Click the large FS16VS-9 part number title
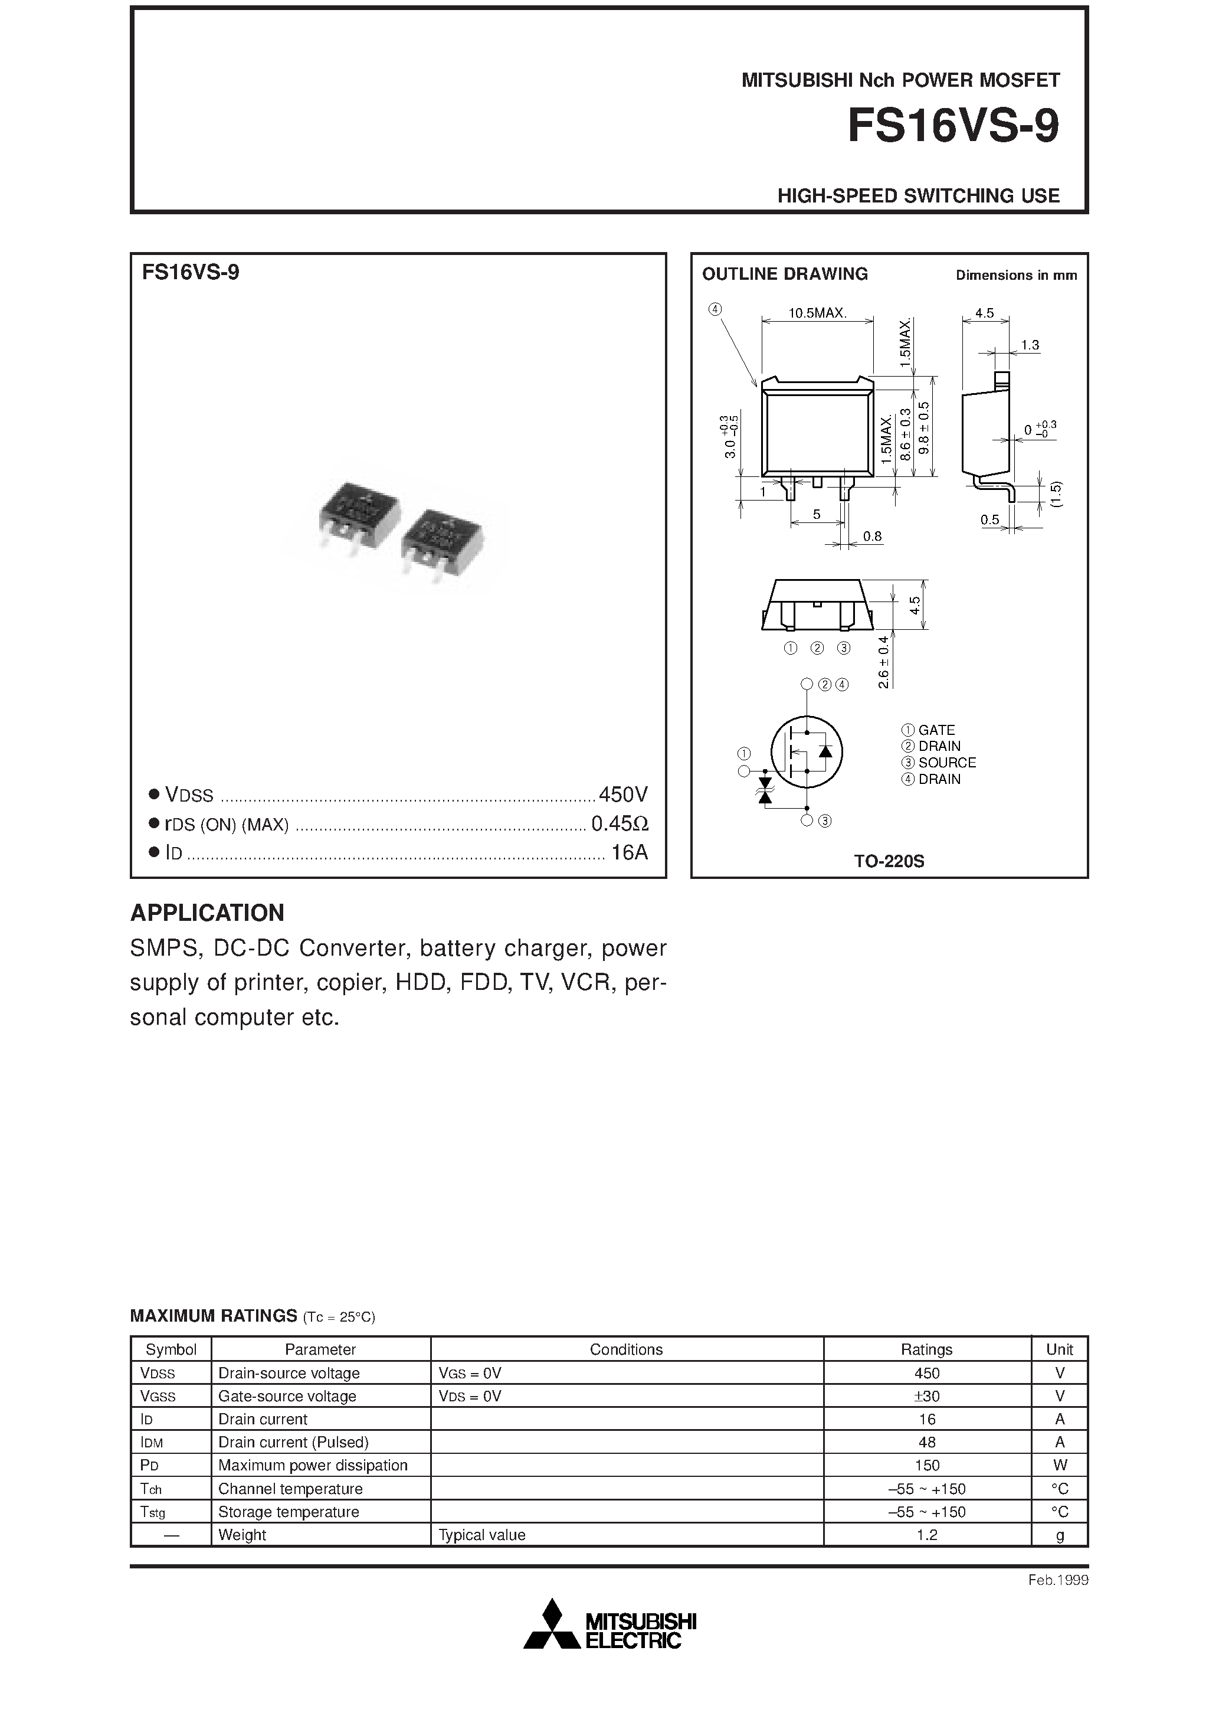click(x=952, y=126)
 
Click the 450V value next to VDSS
click(x=622, y=794)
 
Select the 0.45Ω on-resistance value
click(x=620, y=824)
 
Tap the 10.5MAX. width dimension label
click(x=817, y=313)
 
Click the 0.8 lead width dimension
click(x=872, y=536)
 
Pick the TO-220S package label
click(x=889, y=861)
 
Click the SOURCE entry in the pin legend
click(x=946, y=762)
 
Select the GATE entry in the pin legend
click(x=936, y=730)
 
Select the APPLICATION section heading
click(x=208, y=913)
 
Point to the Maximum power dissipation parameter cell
click(x=313, y=1465)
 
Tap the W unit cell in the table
click(x=1059, y=1465)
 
